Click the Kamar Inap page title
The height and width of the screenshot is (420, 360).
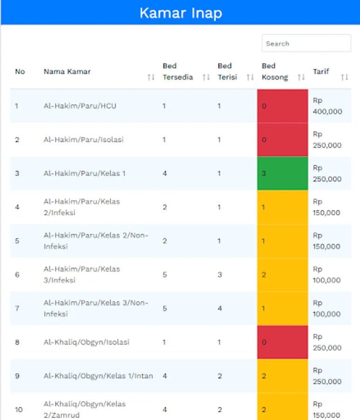180,13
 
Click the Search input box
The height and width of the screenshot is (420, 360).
306,43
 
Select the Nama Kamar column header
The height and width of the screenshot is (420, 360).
67,71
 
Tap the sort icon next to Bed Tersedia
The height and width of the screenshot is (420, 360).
206,77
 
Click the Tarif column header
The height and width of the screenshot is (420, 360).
321,71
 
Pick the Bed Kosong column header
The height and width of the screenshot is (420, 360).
275,71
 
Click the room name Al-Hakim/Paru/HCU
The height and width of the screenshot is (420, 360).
80,106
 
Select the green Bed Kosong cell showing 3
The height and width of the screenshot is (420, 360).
283,174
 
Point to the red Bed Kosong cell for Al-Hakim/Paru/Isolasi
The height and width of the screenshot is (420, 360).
283,140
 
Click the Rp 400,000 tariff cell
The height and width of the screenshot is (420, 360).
327,106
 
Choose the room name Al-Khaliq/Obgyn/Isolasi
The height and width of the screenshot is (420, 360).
86,342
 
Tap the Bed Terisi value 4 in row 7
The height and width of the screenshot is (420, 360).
220,308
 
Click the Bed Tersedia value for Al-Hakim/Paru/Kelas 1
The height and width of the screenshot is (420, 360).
165,174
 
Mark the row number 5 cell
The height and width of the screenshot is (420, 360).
17,241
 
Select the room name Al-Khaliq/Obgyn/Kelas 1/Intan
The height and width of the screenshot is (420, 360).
98,376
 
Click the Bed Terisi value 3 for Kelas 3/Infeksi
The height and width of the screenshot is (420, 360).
220,274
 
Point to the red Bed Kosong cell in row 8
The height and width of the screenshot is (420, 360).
283,342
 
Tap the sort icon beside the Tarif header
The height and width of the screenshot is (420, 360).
345,77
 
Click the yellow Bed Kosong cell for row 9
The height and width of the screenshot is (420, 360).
283,376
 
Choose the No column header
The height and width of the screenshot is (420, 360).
20,71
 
